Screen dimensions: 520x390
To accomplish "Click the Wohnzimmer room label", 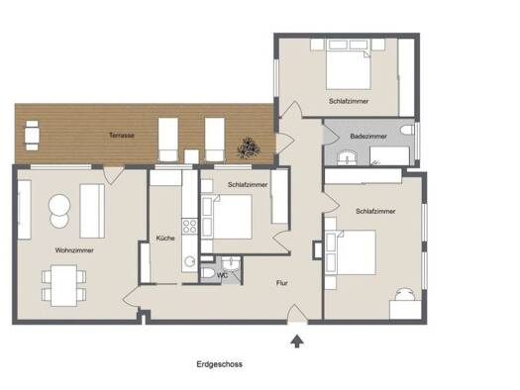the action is click(74, 250).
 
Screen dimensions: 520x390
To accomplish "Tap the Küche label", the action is click(165, 238).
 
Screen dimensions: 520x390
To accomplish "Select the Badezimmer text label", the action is click(368, 137).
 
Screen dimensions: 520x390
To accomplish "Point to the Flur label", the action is click(282, 283).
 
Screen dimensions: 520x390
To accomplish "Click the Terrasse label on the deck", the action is click(122, 136).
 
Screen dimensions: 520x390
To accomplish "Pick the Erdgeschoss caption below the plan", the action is click(220, 364).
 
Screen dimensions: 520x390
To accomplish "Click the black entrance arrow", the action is click(297, 341).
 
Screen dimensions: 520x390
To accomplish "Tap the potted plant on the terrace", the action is click(249, 147).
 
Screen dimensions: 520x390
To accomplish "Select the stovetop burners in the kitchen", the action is click(190, 227).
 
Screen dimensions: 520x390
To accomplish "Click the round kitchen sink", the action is click(190, 261).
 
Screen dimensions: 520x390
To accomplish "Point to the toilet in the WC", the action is click(208, 273).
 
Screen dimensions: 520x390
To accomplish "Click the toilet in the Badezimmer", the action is click(407, 130).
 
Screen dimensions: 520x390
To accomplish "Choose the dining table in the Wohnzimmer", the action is click(64, 285).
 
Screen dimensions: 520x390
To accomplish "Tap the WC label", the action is click(222, 275).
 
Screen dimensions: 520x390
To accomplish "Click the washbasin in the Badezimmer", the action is click(348, 157).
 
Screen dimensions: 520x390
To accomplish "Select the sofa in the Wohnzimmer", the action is click(92, 211).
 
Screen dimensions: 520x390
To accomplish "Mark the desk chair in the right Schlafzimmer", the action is click(405, 295).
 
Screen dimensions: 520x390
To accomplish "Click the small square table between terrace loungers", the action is click(191, 156).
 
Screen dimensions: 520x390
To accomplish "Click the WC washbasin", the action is click(230, 263).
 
